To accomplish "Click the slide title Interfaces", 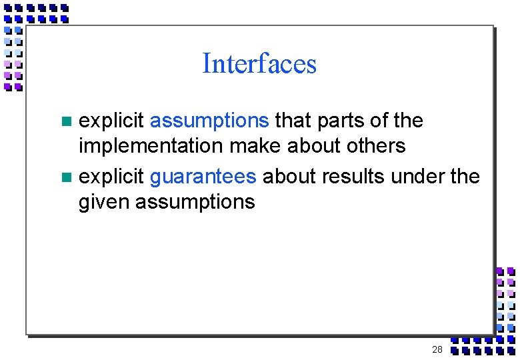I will [259, 64].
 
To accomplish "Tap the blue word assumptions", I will [209, 121].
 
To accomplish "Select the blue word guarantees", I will [203, 177].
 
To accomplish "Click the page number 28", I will [437, 350].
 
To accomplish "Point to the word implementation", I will [151, 145].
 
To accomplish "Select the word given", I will [104, 201].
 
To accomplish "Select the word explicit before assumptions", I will [111, 121].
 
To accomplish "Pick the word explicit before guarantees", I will [111, 177].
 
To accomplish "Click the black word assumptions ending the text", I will [195, 201].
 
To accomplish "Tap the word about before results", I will [289, 177].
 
